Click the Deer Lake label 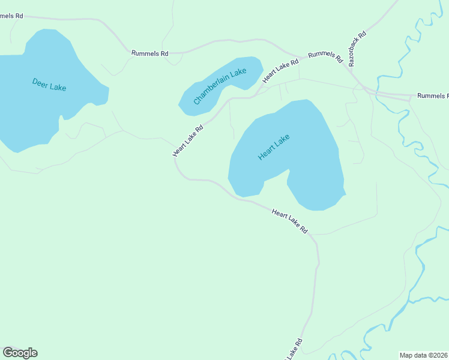coord(49,84)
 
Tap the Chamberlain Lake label coord(220,87)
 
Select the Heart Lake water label coord(274,147)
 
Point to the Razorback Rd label coord(357,49)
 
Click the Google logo coord(20,353)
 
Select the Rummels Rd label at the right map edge coord(432,96)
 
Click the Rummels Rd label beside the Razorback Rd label coord(325,58)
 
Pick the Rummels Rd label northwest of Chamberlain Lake coord(149,53)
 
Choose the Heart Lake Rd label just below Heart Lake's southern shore coord(289,221)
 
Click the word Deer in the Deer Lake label coord(40,82)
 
